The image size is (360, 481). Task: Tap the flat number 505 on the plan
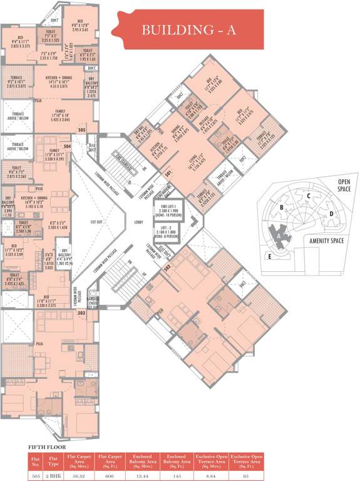coord(82,130)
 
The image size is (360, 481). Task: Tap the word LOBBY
coord(140,222)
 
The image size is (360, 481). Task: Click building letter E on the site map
coord(269,256)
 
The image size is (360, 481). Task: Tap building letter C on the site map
coord(309,195)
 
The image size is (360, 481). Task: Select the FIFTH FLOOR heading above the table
coord(48,447)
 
